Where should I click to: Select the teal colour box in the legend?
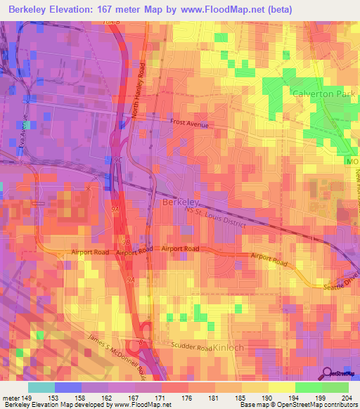(x=41, y=387)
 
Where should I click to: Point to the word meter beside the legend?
(x=12, y=398)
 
